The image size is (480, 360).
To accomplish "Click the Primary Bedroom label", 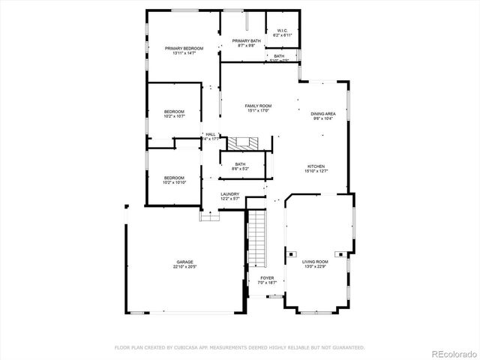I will point(184,48).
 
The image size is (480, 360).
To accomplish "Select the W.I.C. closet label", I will point(282,31).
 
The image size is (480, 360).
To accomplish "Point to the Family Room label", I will point(258,106).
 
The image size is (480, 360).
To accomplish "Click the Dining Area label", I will point(324,113).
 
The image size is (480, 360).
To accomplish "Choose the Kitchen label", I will point(316,166).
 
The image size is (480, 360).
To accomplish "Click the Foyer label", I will point(266,277).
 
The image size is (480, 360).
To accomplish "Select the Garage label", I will point(184,262).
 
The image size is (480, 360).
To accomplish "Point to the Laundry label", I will point(229,194).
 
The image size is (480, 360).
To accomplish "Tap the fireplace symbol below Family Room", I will point(243,142).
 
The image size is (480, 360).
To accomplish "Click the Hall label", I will point(211,134).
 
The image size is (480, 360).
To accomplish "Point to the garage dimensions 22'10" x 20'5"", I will point(184,266).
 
